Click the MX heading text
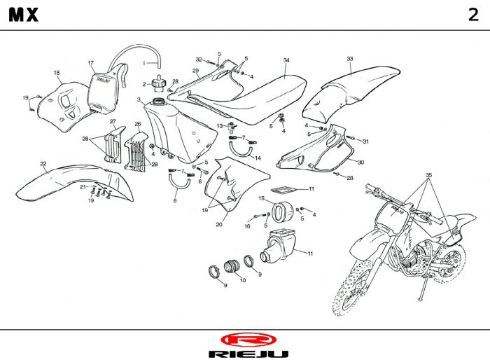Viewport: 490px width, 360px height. tap(24, 16)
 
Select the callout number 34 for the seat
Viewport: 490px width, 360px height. tap(286, 60)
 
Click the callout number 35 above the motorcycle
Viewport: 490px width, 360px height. tap(429, 173)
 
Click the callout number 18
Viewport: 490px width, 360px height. tap(57, 72)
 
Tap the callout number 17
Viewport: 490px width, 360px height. tap(90, 63)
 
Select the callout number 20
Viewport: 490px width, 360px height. tap(219, 224)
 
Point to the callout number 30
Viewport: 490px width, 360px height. tap(360, 162)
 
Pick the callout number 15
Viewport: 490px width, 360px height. tap(261, 198)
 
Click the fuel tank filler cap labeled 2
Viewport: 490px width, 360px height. tap(160, 84)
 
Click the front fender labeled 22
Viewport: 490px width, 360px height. tap(66, 175)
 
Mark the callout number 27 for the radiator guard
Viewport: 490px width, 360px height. tap(113, 121)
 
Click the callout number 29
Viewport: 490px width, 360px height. tap(196, 71)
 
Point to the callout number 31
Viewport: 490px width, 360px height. tap(365, 141)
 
